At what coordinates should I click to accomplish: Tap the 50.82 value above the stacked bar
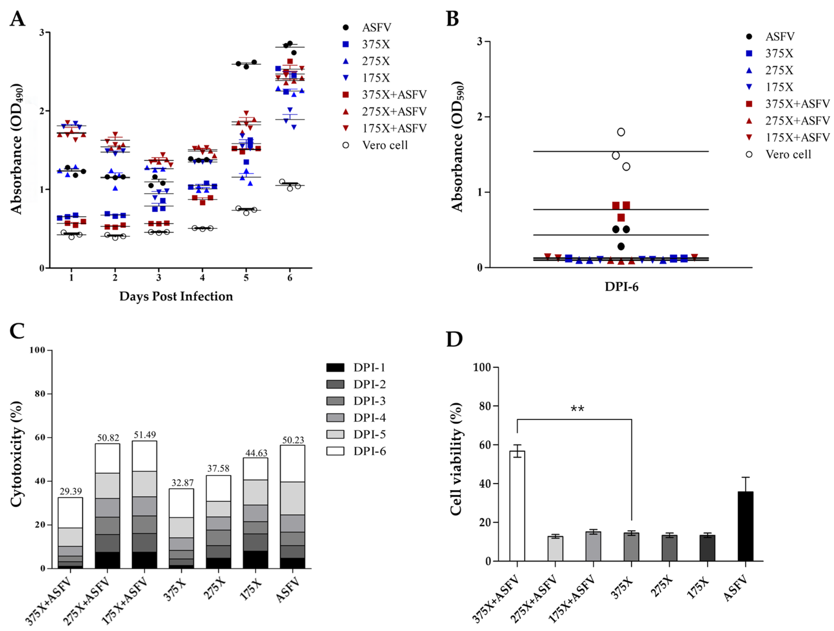tap(108, 438)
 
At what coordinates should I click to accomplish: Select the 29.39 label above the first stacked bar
tap(71, 491)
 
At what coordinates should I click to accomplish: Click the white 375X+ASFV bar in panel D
tap(517, 506)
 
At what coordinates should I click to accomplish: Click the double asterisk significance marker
tap(577, 409)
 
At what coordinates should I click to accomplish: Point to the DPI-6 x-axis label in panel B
tap(621, 287)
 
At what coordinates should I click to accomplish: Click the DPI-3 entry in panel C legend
tap(369, 401)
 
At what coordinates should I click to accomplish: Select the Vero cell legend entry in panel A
tap(385, 145)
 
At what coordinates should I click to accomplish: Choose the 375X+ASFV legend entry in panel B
tap(797, 104)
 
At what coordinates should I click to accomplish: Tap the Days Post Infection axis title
tap(176, 296)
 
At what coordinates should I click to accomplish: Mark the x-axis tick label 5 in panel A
tap(246, 278)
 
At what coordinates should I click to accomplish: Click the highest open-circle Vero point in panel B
tap(621, 132)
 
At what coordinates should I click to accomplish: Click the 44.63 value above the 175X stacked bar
tap(256, 453)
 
